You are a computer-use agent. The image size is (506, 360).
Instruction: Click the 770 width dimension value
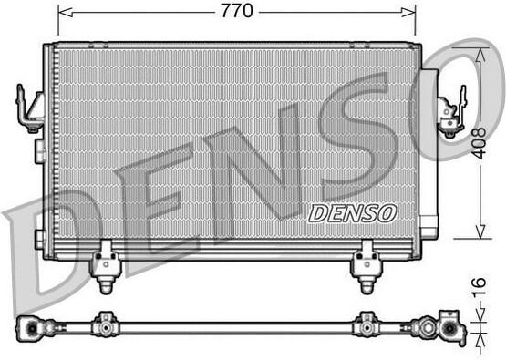coord(237,11)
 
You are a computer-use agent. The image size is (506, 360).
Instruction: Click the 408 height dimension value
coord(480,143)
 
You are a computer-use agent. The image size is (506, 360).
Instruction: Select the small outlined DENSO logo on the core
coord(353,213)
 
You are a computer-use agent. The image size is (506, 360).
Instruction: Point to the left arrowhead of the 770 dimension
coord(65,12)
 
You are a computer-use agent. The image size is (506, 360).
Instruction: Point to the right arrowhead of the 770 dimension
coord(408,12)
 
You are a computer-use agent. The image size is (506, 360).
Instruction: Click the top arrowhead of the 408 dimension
coord(480,55)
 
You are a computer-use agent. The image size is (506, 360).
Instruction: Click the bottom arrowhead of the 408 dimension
coord(480,231)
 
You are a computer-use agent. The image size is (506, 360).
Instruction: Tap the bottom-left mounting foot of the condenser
coord(106,267)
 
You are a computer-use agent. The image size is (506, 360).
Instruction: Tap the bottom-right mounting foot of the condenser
coord(367,267)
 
